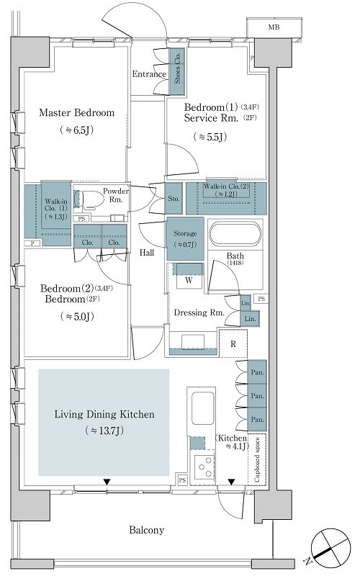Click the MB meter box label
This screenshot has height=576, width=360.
pos(274,27)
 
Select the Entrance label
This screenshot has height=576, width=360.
pos(149,74)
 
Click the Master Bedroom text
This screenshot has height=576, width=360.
pos(77,112)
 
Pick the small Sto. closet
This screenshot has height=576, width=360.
pos(174,199)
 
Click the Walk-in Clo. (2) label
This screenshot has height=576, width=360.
pos(226,186)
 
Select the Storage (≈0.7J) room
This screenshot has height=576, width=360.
pos(186,239)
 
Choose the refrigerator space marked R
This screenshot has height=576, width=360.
pos(233,344)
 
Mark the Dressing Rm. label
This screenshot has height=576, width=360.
pos(199,312)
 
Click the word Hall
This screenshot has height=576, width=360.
pos(147,253)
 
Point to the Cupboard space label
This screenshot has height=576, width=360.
pos(257,459)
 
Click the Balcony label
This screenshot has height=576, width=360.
pos(147,530)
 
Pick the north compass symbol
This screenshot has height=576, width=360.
pos(329,546)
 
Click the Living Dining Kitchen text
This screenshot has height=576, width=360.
pos(104,415)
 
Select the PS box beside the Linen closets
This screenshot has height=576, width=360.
pos(261,299)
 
